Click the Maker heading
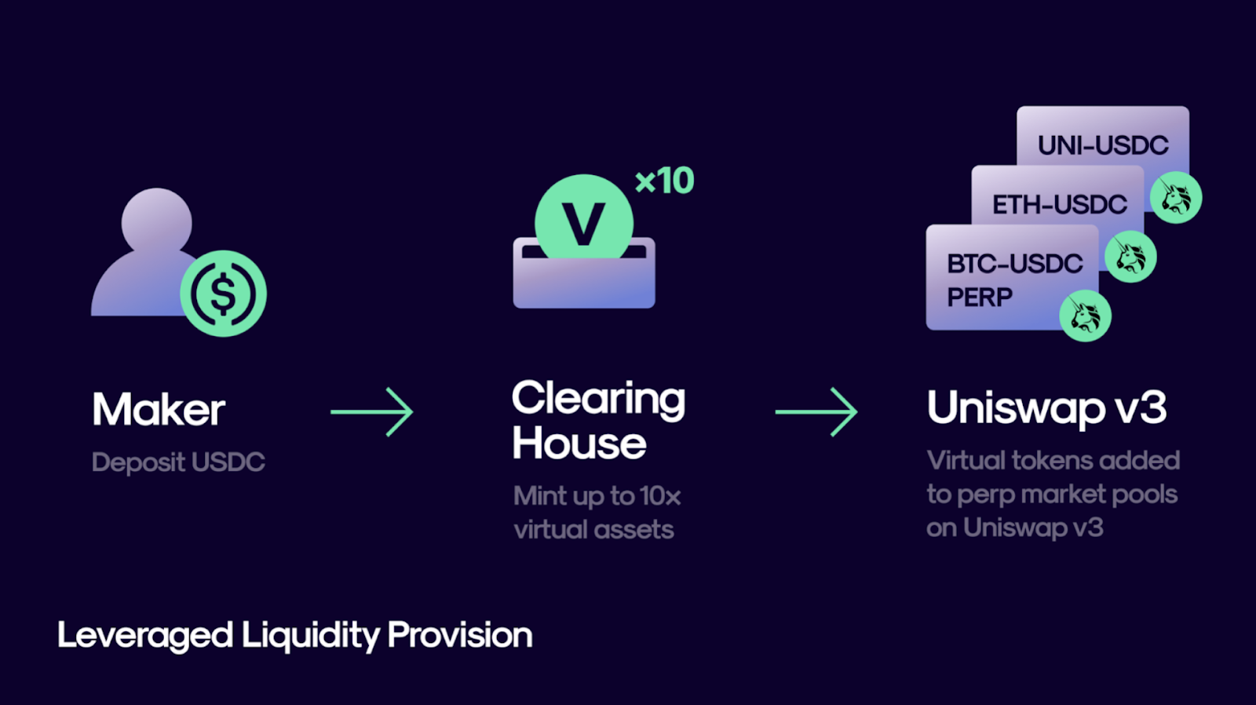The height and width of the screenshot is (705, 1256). coord(159,410)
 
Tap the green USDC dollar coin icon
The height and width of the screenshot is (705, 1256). coord(223,294)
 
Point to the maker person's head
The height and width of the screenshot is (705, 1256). coord(157,221)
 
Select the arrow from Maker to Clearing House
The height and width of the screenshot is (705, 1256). coord(372,411)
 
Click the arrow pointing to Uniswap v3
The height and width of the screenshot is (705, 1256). coord(816,411)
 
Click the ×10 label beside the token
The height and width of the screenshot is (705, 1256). coord(664,181)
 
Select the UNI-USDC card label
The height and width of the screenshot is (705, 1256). coord(1103,145)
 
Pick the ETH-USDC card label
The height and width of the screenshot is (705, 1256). coord(1060,205)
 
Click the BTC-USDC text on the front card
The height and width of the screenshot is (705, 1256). coord(1015,264)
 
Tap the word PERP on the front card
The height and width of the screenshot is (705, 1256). coord(980,298)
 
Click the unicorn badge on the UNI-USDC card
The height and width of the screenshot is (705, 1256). coord(1176,197)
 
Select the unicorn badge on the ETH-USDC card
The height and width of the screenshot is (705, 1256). coord(1130,256)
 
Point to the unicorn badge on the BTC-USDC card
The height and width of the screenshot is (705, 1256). coord(1086,316)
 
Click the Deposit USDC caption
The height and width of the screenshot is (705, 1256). coord(178,462)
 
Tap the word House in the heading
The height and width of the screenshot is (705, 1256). coord(579,443)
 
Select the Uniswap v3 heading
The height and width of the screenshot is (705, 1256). coord(1047,408)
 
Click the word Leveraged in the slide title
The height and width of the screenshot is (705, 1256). coord(145,636)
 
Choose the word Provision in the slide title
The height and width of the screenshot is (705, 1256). coord(460,635)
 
